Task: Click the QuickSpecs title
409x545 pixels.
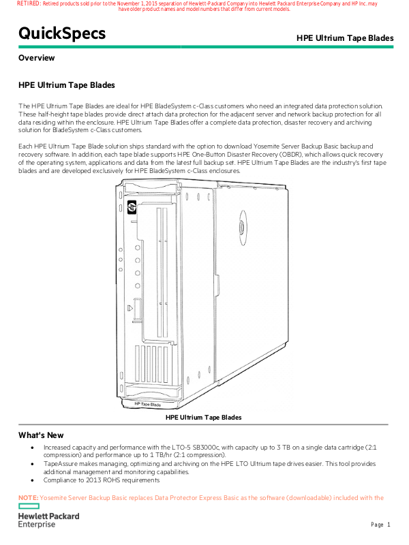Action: pos(62,33)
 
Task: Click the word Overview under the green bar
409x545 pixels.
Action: pos(37,58)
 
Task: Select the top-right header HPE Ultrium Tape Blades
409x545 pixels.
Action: pos(345,38)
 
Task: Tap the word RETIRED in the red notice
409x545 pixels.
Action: pos(28,3)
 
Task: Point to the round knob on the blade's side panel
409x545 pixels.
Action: pos(241,223)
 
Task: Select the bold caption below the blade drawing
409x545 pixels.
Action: pos(204,417)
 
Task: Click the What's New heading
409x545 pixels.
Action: pos(41,435)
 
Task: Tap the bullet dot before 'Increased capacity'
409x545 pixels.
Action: pos(33,448)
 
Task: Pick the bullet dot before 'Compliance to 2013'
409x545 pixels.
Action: pos(33,480)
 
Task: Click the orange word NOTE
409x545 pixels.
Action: pos(28,498)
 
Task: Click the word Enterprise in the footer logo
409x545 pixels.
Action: pos(37,525)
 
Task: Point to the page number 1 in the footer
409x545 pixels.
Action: pos(389,525)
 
